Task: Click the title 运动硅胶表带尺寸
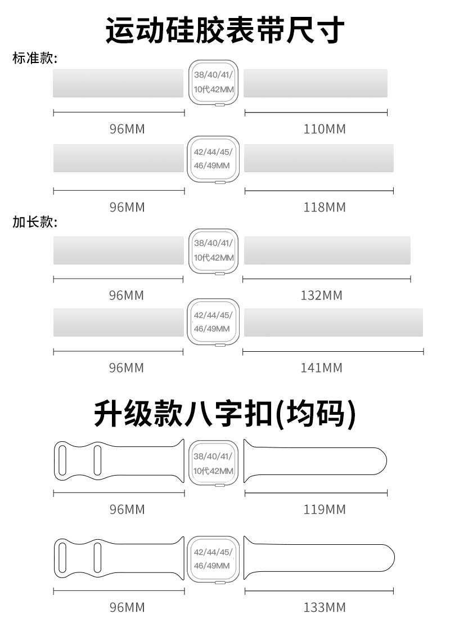click(225, 30)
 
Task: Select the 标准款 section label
click(35, 59)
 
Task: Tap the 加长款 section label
click(35, 222)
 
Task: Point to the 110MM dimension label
click(325, 129)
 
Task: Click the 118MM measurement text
click(325, 207)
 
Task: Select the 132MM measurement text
click(321, 295)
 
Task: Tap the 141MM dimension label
click(321, 368)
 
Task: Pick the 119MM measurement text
click(325, 509)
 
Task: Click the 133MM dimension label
click(325, 607)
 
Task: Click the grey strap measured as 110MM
click(316, 83)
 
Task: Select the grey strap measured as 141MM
click(333, 323)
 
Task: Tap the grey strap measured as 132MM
click(327, 250)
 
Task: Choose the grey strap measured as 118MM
click(318, 158)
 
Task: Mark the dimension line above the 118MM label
click(319, 191)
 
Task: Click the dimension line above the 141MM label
click(333, 352)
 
